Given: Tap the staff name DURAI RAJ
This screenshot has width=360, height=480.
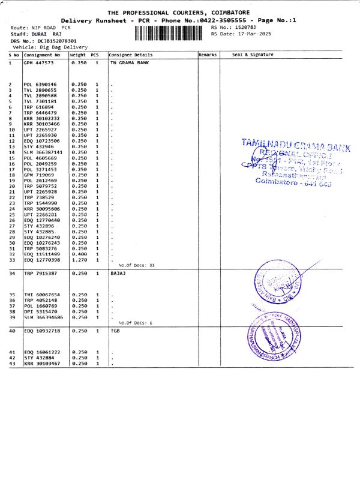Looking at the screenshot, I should (41, 34).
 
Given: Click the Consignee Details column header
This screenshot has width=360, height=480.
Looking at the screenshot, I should (128, 55).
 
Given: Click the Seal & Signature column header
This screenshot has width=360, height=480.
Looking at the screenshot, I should (252, 55).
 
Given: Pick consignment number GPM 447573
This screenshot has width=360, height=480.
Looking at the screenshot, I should (38, 62).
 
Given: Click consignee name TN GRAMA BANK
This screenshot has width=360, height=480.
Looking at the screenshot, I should (128, 62).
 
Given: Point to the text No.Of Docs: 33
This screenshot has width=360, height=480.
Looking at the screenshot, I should (136, 265).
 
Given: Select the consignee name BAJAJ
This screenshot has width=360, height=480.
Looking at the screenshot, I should (119, 273).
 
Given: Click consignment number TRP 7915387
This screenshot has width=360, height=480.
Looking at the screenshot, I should (40, 273).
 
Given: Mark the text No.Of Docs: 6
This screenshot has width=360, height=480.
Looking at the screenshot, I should (135, 323).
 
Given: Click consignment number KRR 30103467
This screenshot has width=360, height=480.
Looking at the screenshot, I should (41, 363).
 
